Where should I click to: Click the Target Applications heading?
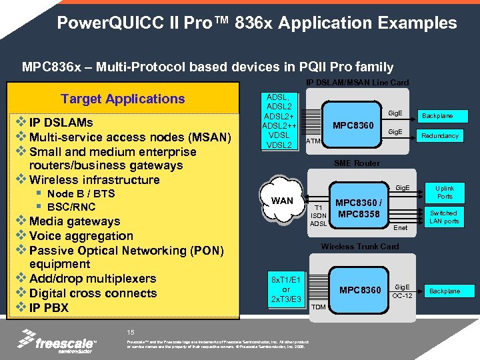click(123, 99)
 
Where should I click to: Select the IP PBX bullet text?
click(49, 307)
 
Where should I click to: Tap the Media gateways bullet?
click(75, 221)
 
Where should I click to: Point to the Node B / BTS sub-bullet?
click(81, 193)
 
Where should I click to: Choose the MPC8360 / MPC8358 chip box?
click(359, 208)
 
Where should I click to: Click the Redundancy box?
click(440, 136)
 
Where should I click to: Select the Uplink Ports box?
click(445, 192)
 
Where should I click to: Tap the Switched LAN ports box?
click(444, 217)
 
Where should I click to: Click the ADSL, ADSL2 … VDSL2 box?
click(278, 121)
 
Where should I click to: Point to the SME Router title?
click(357, 163)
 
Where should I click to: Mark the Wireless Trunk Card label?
click(360, 247)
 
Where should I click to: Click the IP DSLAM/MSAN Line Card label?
click(357, 83)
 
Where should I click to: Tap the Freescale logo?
click(56, 342)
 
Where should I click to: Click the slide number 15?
click(131, 332)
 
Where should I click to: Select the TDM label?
click(319, 307)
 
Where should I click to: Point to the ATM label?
click(313, 141)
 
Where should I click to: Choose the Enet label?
click(401, 228)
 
